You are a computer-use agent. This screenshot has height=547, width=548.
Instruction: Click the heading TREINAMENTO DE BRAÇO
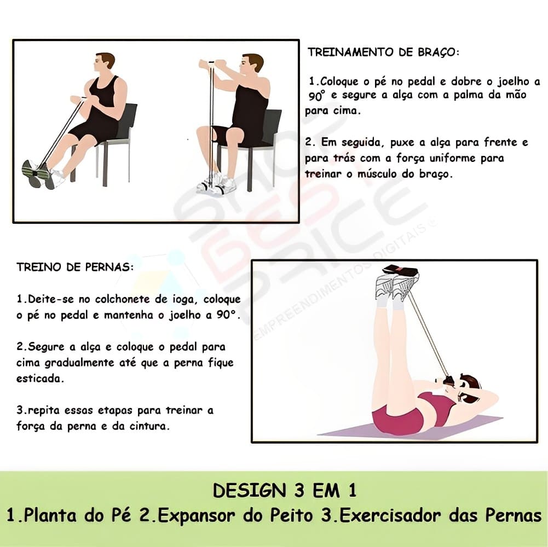click(383, 53)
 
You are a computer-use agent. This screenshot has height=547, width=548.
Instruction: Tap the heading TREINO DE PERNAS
click(75, 267)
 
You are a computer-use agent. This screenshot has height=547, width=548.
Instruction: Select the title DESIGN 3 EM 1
click(285, 490)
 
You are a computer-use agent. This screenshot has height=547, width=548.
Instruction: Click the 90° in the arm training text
click(317, 95)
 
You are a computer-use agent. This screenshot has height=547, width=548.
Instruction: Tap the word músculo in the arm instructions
click(377, 174)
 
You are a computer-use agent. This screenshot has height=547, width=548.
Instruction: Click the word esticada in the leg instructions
click(40, 379)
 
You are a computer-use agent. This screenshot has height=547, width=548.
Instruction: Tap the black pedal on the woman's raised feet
click(401, 270)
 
